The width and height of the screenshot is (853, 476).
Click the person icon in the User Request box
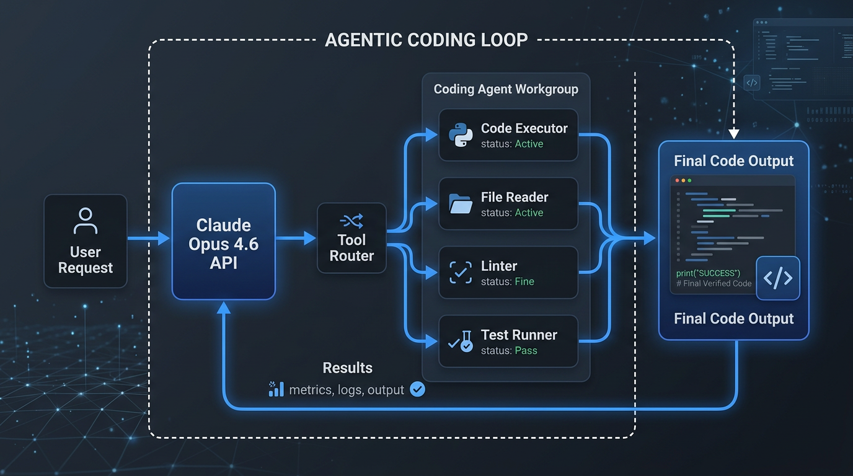(86, 221)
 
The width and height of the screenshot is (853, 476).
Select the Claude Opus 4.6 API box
(223, 242)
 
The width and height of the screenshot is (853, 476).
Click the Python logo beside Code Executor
(460, 135)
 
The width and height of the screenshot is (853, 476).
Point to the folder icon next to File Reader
(460, 204)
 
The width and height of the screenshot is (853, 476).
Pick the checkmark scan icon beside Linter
(460, 273)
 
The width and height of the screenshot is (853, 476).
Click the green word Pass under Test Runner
(526, 351)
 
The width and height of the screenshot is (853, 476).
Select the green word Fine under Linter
(524, 282)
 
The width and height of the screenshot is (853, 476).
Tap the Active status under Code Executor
(529, 144)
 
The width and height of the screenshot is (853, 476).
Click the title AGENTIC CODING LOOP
(427, 40)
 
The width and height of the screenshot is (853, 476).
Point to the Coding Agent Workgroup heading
(506, 89)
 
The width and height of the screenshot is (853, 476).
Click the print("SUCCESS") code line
(708, 273)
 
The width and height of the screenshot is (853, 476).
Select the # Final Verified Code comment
(714, 284)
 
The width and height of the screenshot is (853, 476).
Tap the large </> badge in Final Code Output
(777, 278)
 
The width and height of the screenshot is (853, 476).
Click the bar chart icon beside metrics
(276, 389)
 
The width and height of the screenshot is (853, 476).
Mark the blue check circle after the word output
(418, 389)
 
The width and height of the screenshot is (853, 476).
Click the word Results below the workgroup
(347, 368)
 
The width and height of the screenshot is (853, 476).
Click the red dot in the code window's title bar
(677, 180)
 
